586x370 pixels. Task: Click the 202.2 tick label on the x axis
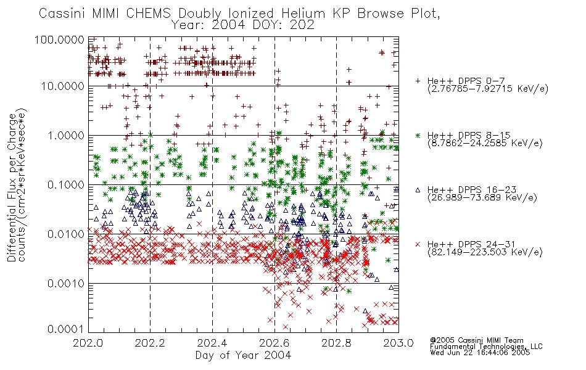150,343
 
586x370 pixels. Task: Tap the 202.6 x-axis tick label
274,343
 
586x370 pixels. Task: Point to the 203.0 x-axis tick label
398,343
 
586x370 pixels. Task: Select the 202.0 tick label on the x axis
88,343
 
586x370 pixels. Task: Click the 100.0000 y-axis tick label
59,39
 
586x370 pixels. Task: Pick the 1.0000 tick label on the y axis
66,135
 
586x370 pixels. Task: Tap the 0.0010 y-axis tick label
66,284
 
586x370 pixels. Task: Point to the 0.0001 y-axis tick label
66,329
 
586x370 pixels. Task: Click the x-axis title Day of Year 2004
243,355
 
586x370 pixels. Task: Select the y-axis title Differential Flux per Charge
12,187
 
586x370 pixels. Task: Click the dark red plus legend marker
418,81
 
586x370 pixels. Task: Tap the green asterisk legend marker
418,135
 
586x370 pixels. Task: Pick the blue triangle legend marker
418,190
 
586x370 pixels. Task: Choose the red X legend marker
418,244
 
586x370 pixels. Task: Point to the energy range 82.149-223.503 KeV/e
485,252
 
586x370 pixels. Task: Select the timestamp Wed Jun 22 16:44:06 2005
480,353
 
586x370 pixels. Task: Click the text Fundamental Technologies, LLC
486,347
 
